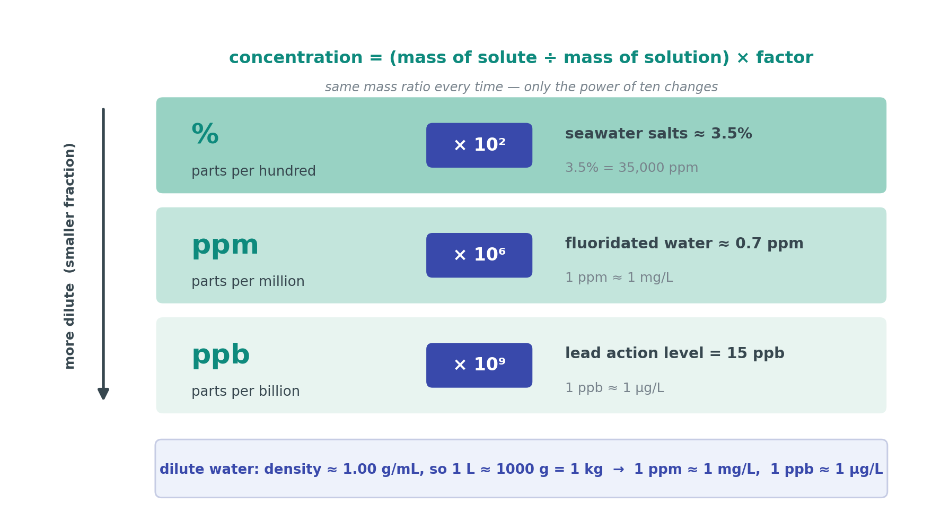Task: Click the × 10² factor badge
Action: point(479,145)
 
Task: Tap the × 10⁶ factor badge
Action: point(479,255)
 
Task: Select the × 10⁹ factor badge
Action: point(479,365)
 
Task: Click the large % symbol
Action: point(205,134)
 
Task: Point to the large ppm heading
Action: point(225,246)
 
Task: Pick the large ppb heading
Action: point(221,355)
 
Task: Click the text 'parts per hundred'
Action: point(253,171)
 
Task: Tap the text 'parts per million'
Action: point(248,282)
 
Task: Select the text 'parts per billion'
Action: point(245,392)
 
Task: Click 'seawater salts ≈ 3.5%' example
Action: point(658,134)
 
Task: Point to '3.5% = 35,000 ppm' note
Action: point(631,168)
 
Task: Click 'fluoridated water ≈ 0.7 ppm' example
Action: point(684,244)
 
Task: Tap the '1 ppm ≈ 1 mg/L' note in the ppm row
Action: point(619,278)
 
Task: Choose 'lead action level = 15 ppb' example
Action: point(675,354)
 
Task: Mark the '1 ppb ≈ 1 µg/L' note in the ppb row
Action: point(614,388)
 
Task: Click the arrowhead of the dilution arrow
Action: point(103,395)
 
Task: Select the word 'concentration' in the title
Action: point(296,58)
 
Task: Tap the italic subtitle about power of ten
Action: point(521,88)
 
